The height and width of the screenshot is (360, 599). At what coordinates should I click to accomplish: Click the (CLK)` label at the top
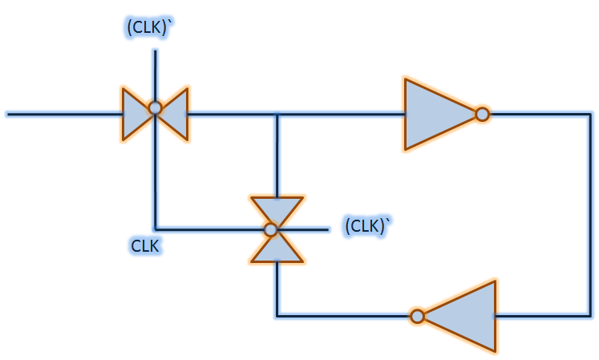[x=149, y=27]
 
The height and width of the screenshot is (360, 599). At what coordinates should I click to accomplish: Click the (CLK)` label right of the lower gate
[x=366, y=226]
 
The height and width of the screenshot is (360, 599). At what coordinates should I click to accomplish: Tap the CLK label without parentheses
[x=146, y=245]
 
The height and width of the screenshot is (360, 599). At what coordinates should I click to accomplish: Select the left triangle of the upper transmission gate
[x=135, y=112]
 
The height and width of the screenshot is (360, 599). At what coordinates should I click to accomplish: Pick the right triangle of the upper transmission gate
[x=176, y=113]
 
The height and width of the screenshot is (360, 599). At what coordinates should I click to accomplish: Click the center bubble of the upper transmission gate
[x=156, y=107]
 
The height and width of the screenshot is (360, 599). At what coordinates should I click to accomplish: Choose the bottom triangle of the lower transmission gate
[x=277, y=249]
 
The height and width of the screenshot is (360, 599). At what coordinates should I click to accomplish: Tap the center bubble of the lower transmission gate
[x=271, y=230]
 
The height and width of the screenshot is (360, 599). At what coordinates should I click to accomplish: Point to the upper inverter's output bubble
[x=482, y=115]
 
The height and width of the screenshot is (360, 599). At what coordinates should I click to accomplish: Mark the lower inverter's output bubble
[x=417, y=316]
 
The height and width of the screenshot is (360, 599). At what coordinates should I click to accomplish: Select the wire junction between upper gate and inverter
[x=277, y=115]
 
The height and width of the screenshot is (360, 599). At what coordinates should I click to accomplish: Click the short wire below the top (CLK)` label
[x=156, y=72]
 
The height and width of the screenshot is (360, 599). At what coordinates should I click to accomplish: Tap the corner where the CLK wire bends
[x=156, y=229]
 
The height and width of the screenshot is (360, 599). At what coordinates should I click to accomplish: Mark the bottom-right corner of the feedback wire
[x=589, y=316]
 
